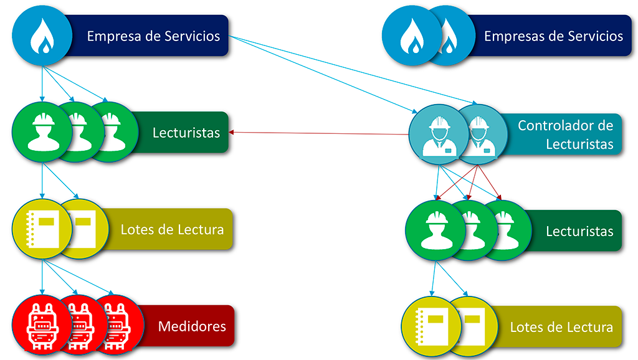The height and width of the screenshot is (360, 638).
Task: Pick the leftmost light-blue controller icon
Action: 436,133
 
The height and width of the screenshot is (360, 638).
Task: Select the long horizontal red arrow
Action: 318,133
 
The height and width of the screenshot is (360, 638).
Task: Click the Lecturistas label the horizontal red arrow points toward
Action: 186,133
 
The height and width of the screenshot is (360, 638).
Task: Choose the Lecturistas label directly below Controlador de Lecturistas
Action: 579,232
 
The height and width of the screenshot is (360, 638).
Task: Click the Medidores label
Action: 192,326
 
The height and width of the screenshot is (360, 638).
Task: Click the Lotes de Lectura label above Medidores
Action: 172,230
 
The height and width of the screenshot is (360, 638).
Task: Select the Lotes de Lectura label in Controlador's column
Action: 561,328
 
